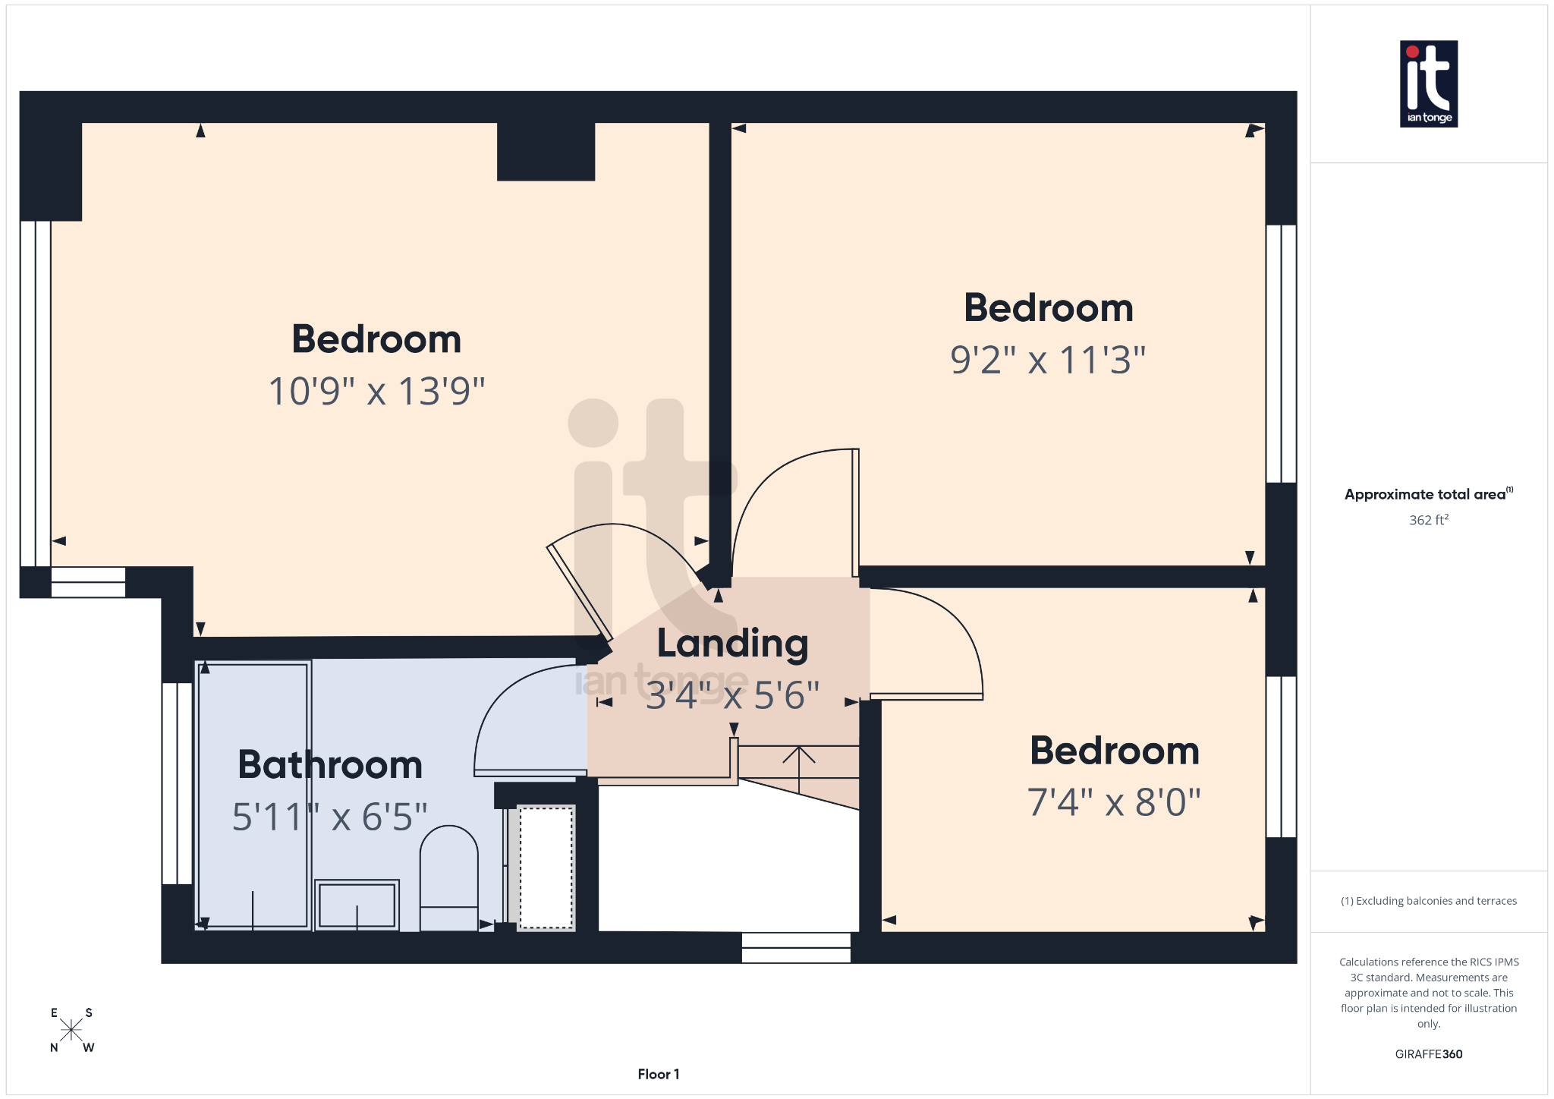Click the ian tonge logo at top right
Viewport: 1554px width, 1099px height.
[x=1428, y=83]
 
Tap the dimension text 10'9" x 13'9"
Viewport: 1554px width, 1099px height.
[x=376, y=392]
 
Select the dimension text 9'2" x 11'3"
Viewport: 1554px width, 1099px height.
[x=1048, y=360]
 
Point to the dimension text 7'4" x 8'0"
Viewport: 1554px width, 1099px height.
[x=1114, y=802]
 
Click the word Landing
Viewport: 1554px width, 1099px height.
[x=732, y=644]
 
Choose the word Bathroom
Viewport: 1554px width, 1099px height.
[x=330, y=764]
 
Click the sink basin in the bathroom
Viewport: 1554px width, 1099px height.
[x=357, y=905]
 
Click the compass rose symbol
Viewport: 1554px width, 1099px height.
[x=71, y=1030]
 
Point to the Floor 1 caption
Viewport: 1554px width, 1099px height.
[x=658, y=1074]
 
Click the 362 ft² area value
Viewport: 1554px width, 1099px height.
[x=1428, y=520]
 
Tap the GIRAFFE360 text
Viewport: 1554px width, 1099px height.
[x=1428, y=1054]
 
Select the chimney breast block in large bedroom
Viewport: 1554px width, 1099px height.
[x=546, y=152]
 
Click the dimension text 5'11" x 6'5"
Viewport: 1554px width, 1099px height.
[x=329, y=817]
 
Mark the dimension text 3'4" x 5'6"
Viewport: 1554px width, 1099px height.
[x=732, y=695]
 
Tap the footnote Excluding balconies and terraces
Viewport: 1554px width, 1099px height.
[x=1428, y=901]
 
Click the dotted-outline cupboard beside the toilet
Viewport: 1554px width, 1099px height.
[x=546, y=868]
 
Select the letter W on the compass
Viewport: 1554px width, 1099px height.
[x=89, y=1048]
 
